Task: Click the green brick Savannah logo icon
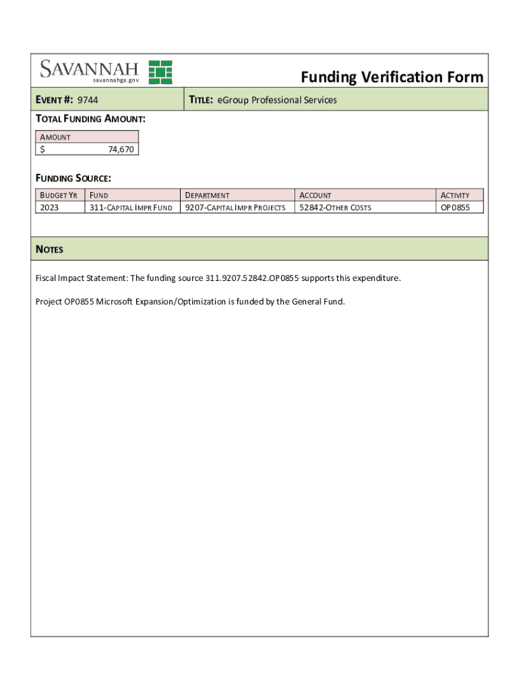[x=160, y=72]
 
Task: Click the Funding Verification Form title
[x=392, y=77]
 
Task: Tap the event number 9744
[x=88, y=100]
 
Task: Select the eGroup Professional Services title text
[x=276, y=100]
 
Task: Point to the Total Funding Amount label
[x=90, y=119]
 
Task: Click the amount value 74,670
[x=121, y=150]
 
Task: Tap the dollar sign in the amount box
[x=42, y=150]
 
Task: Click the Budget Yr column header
[x=59, y=195]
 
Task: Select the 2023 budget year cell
[x=49, y=208]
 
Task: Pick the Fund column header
[x=99, y=195]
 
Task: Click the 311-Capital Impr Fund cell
[x=131, y=208]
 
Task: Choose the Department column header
[x=207, y=195]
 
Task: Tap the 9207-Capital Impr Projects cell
[x=235, y=208]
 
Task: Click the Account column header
[x=315, y=195]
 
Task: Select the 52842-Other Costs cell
[x=335, y=208]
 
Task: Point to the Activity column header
[x=455, y=195]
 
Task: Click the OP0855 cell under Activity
[x=455, y=208]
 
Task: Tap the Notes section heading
[x=49, y=249]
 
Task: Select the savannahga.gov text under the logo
[x=116, y=80]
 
